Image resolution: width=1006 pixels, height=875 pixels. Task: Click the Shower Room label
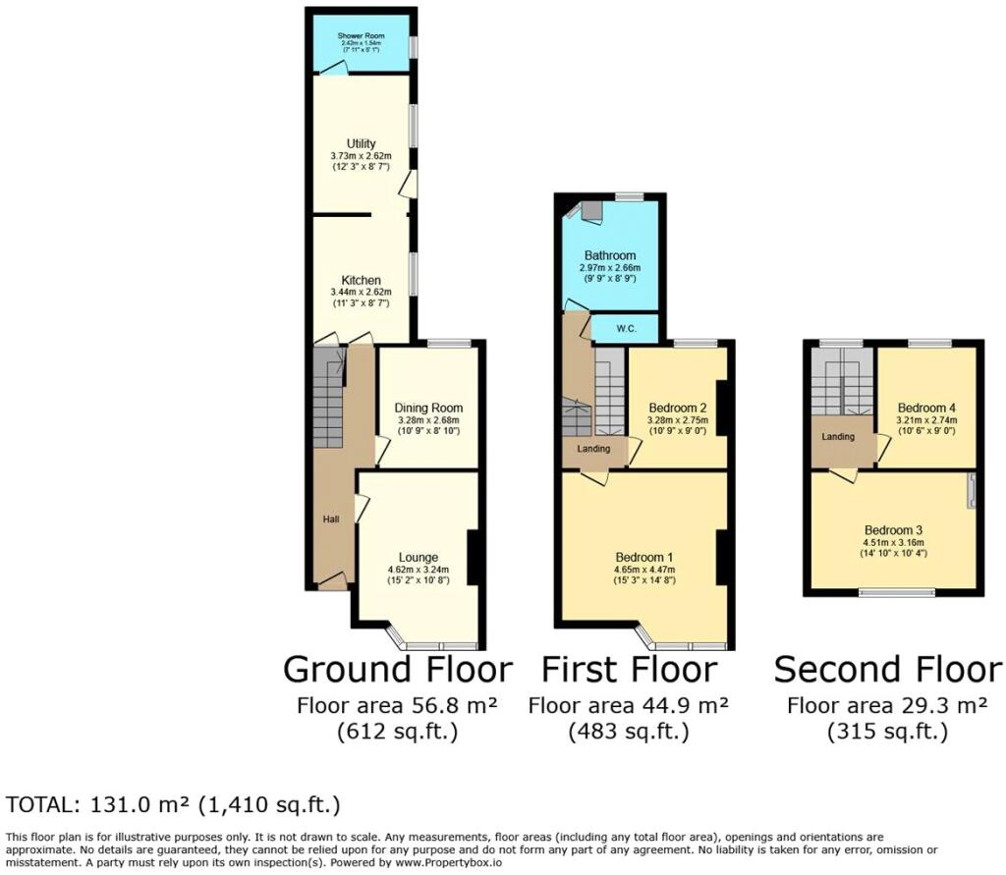(x=361, y=36)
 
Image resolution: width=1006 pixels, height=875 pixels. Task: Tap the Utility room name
(x=361, y=144)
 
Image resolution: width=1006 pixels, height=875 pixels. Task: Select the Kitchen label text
(x=361, y=281)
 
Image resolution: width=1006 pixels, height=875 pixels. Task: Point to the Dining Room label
(x=428, y=409)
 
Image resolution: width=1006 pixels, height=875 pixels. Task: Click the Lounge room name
(x=419, y=558)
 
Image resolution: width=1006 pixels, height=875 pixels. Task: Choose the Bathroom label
(x=610, y=256)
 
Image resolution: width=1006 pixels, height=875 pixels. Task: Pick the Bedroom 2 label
(x=678, y=408)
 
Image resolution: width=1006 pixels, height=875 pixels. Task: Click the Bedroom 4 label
(x=924, y=408)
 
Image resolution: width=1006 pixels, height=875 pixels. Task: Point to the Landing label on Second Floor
(x=838, y=437)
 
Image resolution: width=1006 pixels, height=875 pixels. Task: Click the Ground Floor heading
(x=397, y=670)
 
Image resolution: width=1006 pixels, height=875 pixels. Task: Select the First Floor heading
(x=629, y=670)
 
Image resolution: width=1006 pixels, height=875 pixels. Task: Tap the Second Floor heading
(x=887, y=670)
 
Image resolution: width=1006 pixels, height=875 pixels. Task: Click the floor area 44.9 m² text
(x=629, y=705)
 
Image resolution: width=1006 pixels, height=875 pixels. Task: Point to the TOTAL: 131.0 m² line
(x=173, y=805)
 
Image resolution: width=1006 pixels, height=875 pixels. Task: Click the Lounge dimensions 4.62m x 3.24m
(x=419, y=570)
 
